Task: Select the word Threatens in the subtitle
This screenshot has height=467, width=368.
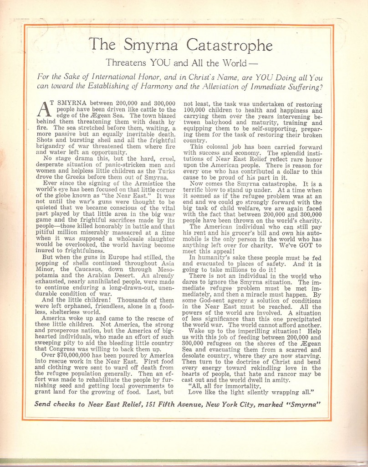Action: tap(124, 63)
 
